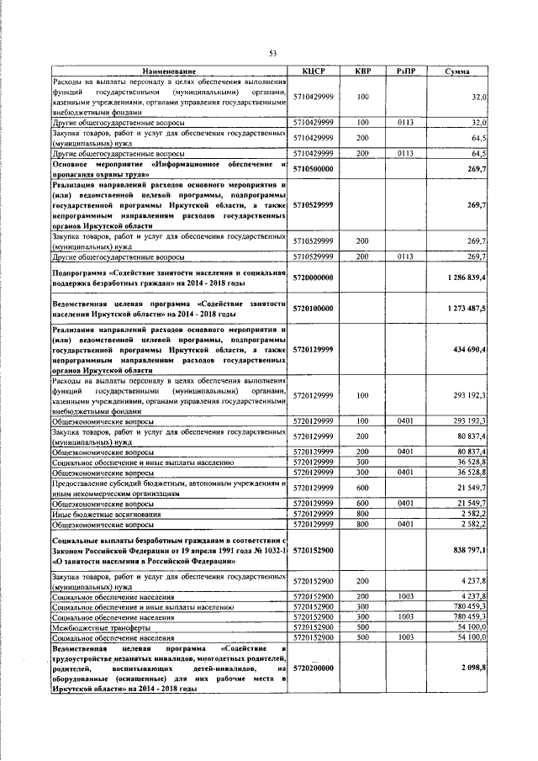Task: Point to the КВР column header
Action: pyautogui.click(x=363, y=71)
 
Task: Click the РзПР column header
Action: pyautogui.click(x=407, y=71)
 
